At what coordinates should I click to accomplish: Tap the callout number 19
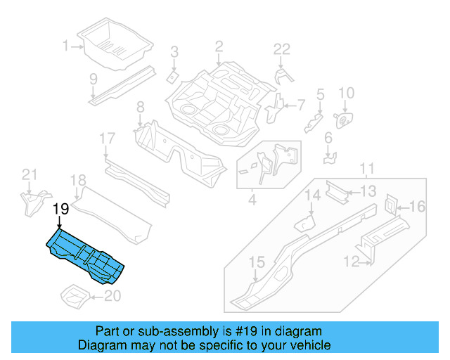click(60, 209)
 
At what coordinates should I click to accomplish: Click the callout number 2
click(219, 46)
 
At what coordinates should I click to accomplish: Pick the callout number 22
click(281, 49)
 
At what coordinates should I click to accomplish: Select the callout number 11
click(366, 169)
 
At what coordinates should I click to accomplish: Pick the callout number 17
click(106, 139)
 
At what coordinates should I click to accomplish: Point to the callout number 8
click(140, 107)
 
